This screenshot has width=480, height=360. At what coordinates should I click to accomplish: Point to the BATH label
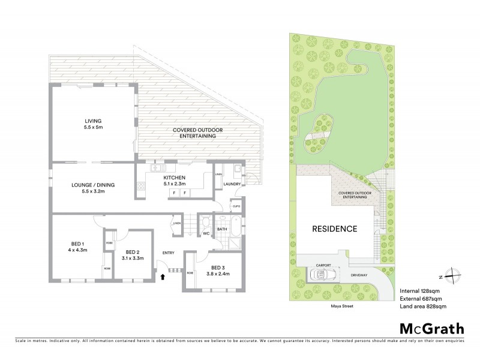point(222,229)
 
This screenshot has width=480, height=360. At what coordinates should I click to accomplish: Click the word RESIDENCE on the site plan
point(334,229)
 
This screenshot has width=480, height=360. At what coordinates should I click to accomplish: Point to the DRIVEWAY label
point(359,276)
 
